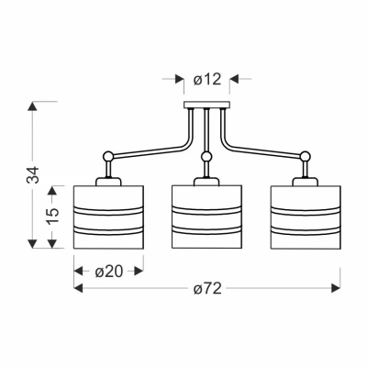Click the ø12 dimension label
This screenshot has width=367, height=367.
tap(207, 80)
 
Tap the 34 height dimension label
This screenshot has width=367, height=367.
tap(33, 174)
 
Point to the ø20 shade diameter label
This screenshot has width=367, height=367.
tap(109, 272)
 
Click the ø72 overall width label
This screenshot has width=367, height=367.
tap(207, 288)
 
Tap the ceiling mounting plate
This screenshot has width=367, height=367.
tap(206, 105)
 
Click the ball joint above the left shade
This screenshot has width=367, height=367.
tap(108, 156)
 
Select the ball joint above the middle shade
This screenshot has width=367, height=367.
tap(206, 157)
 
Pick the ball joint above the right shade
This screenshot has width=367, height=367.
tap(305, 156)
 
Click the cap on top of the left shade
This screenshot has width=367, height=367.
tap(108, 182)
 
